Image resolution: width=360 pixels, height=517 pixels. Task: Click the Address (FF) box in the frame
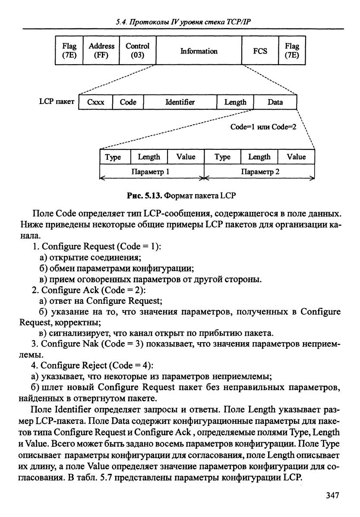pyautogui.click(x=101, y=50)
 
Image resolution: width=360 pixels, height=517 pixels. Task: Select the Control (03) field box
pyautogui.click(x=137, y=50)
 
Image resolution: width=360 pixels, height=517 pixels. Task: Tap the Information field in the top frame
pyautogui.click(x=199, y=51)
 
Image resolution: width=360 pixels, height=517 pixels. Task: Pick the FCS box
pyautogui.click(x=260, y=51)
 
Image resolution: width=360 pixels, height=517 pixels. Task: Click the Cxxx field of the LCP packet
pyautogui.click(x=95, y=102)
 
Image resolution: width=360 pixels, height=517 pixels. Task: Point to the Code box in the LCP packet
pyautogui.click(x=128, y=102)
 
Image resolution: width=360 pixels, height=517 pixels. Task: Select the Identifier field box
pyautogui.click(x=180, y=102)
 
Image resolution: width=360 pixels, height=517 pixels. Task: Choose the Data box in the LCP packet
pyautogui.click(x=275, y=102)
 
